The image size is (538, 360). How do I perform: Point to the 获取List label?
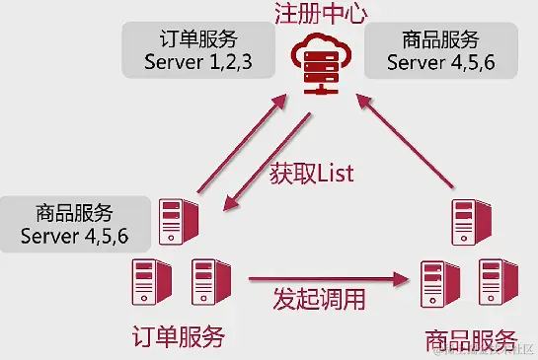(x=311, y=173)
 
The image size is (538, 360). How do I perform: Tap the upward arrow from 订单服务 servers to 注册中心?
(x=237, y=142)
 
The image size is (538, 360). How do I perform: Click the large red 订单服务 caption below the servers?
(x=178, y=338)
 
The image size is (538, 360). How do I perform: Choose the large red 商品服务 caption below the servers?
(x=471, y=341)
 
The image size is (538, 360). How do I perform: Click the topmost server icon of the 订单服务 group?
(x=179, y=222)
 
